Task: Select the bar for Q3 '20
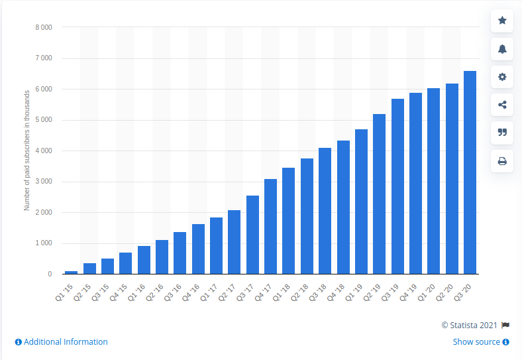tap(470, 172)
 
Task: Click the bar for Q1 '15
tap(71, 272)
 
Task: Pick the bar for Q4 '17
tap(270, 226)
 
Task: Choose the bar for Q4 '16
tap(198, 249)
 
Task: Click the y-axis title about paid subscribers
tap(27, 151)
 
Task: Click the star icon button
tap(502, 21)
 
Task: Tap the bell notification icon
tap(502, 48)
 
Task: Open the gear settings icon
tap(502, 77)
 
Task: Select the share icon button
tap(502, 105)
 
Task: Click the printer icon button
tap(502, 161)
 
